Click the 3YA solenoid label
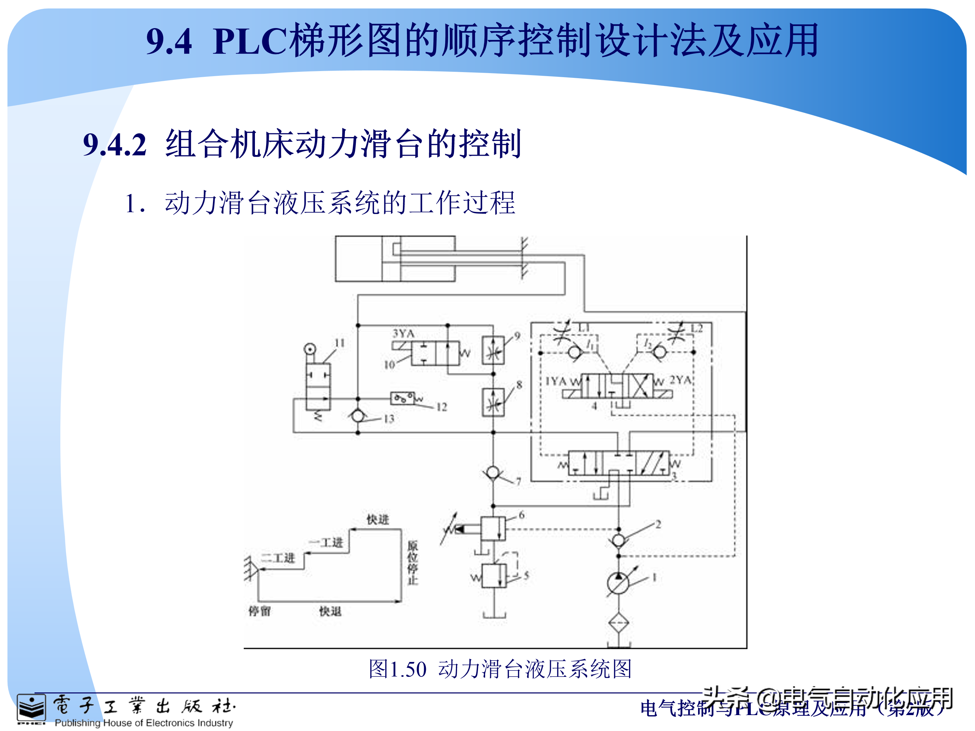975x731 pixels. pyautogui.click(x=403, y=333)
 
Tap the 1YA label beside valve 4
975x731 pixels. pyautogui.click(x=556, y=381)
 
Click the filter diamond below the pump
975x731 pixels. pyautogui.click(x=619, y=623)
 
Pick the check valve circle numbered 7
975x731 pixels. pyautogui.click(x=493, y=473)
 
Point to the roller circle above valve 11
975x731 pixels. pyautogui.click(x=310, y=349)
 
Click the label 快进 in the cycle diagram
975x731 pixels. pyautogui.click(x=378, y=519)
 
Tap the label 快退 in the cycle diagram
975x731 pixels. pyautogui.click(x=330, y=611)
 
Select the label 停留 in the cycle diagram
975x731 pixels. pyautogui.click(x=260, y=611)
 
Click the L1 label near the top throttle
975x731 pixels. pyautogui.click(x=584, y=328)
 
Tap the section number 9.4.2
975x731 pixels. pyautogui.click(x=115, y=145)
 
